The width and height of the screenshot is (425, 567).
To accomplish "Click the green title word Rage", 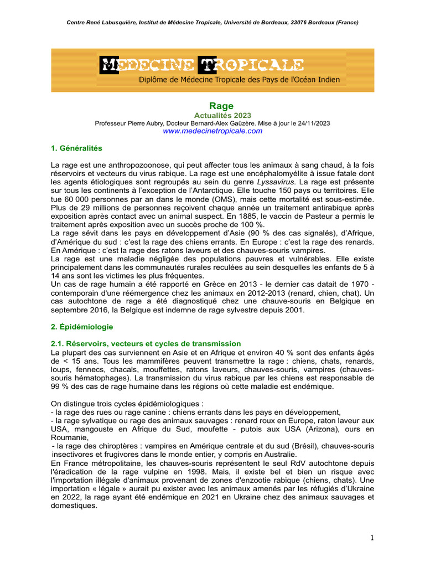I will pos(221,105).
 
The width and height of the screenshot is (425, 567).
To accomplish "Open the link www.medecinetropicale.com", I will pos(212,131).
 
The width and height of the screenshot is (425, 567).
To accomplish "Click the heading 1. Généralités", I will pos(76,148).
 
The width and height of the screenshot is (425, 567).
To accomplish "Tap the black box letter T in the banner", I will pos(206,65).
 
